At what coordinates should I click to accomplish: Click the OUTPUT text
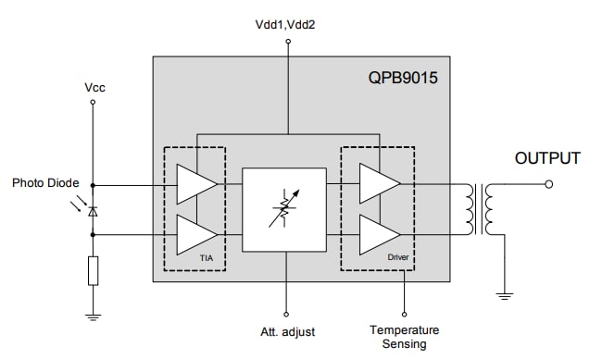[x=547, y=159]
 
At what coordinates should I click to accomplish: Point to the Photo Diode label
[x=45, y=183]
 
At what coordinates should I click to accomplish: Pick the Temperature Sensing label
[x=404, y=337]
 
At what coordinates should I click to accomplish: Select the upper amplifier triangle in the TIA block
[x=195, y=184]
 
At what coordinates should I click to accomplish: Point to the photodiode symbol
[x=93, y=211]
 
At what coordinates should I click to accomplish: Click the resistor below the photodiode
[x=93, y=271]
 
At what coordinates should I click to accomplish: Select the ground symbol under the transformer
[x=505, y=296]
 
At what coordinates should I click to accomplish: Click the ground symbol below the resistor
[x=93, y=317]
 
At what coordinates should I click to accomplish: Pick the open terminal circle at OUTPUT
[x=549, y=184]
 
